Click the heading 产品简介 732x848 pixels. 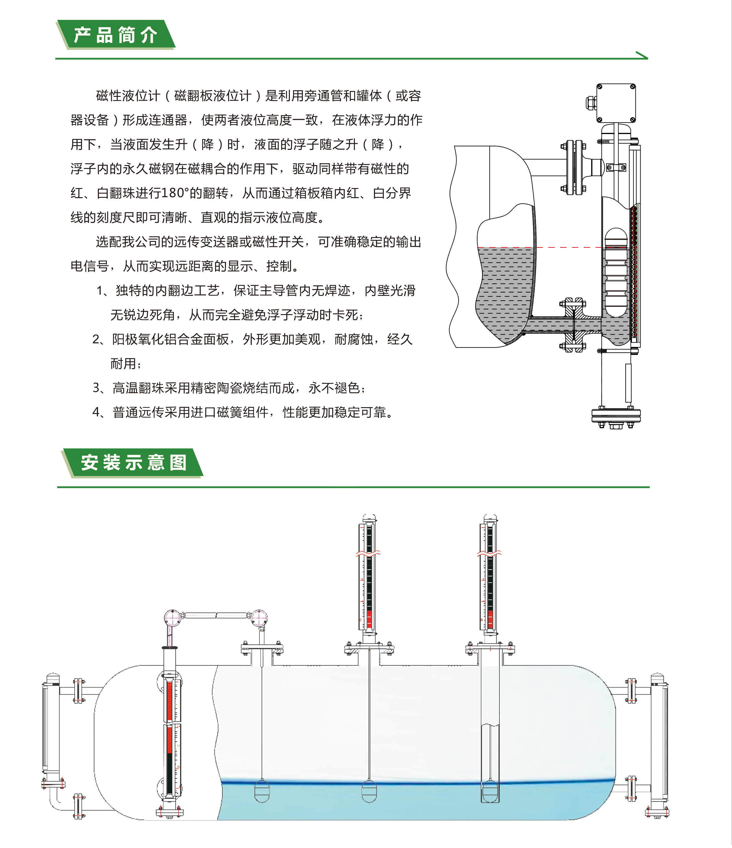(x=115, y=35)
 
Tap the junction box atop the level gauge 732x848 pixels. (x=615, y=103)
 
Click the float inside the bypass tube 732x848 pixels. (x=616, y=272)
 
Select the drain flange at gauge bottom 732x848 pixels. (x=616, y=417)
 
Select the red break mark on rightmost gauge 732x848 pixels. (x=489, y=554)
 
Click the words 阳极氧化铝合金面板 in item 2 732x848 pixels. (x=171, y=339)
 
